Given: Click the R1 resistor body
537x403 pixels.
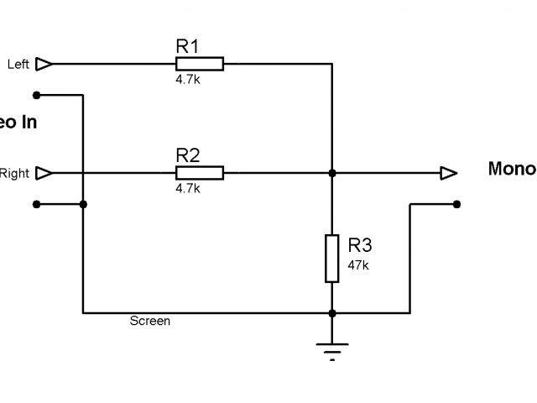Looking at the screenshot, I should [x=200, y=63].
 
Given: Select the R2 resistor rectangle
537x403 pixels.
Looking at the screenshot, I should [x=200, y=173].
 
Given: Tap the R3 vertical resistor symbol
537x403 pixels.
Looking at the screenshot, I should [x=332, y=259].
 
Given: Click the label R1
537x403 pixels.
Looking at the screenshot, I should [x=187, y=47].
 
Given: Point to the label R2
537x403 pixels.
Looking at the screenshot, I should [x=187, y=156].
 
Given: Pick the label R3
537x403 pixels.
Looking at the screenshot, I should [x=360, y=245].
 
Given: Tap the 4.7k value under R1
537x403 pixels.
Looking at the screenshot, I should [x=188, y=80].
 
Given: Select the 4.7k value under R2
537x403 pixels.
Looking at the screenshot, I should [x=188, y=189].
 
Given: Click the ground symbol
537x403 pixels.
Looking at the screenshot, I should [x=332, y=348].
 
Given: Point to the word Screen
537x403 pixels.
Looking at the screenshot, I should [x=150, y=321].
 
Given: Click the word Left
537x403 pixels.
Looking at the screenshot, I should [x=18, y=64].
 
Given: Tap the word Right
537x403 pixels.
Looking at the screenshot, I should [x=14, y=174].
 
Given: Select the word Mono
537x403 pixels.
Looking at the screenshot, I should [x=511, y=169].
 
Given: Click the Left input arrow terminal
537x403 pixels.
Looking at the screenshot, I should [x=45, y=64].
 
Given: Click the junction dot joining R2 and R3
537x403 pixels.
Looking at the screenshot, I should [x=332, y=173].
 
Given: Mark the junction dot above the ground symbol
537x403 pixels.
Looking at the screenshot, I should [x=332, y=313].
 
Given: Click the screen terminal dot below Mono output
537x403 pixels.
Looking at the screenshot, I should [x=456, y=203].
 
